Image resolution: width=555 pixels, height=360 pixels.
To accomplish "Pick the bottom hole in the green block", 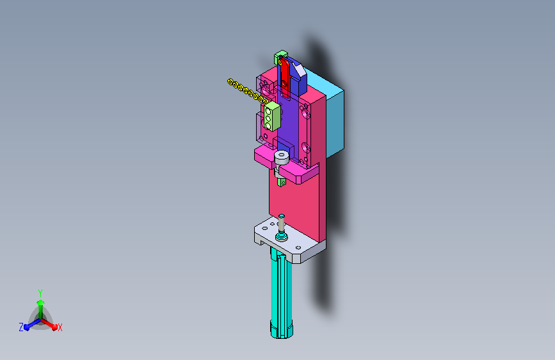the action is coord(268,126).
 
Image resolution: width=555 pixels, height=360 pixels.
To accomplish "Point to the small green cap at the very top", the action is coord(280,56).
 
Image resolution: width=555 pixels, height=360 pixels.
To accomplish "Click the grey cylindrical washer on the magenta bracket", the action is coord(282,158).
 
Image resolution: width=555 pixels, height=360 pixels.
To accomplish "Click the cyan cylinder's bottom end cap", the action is coord(282,329).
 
